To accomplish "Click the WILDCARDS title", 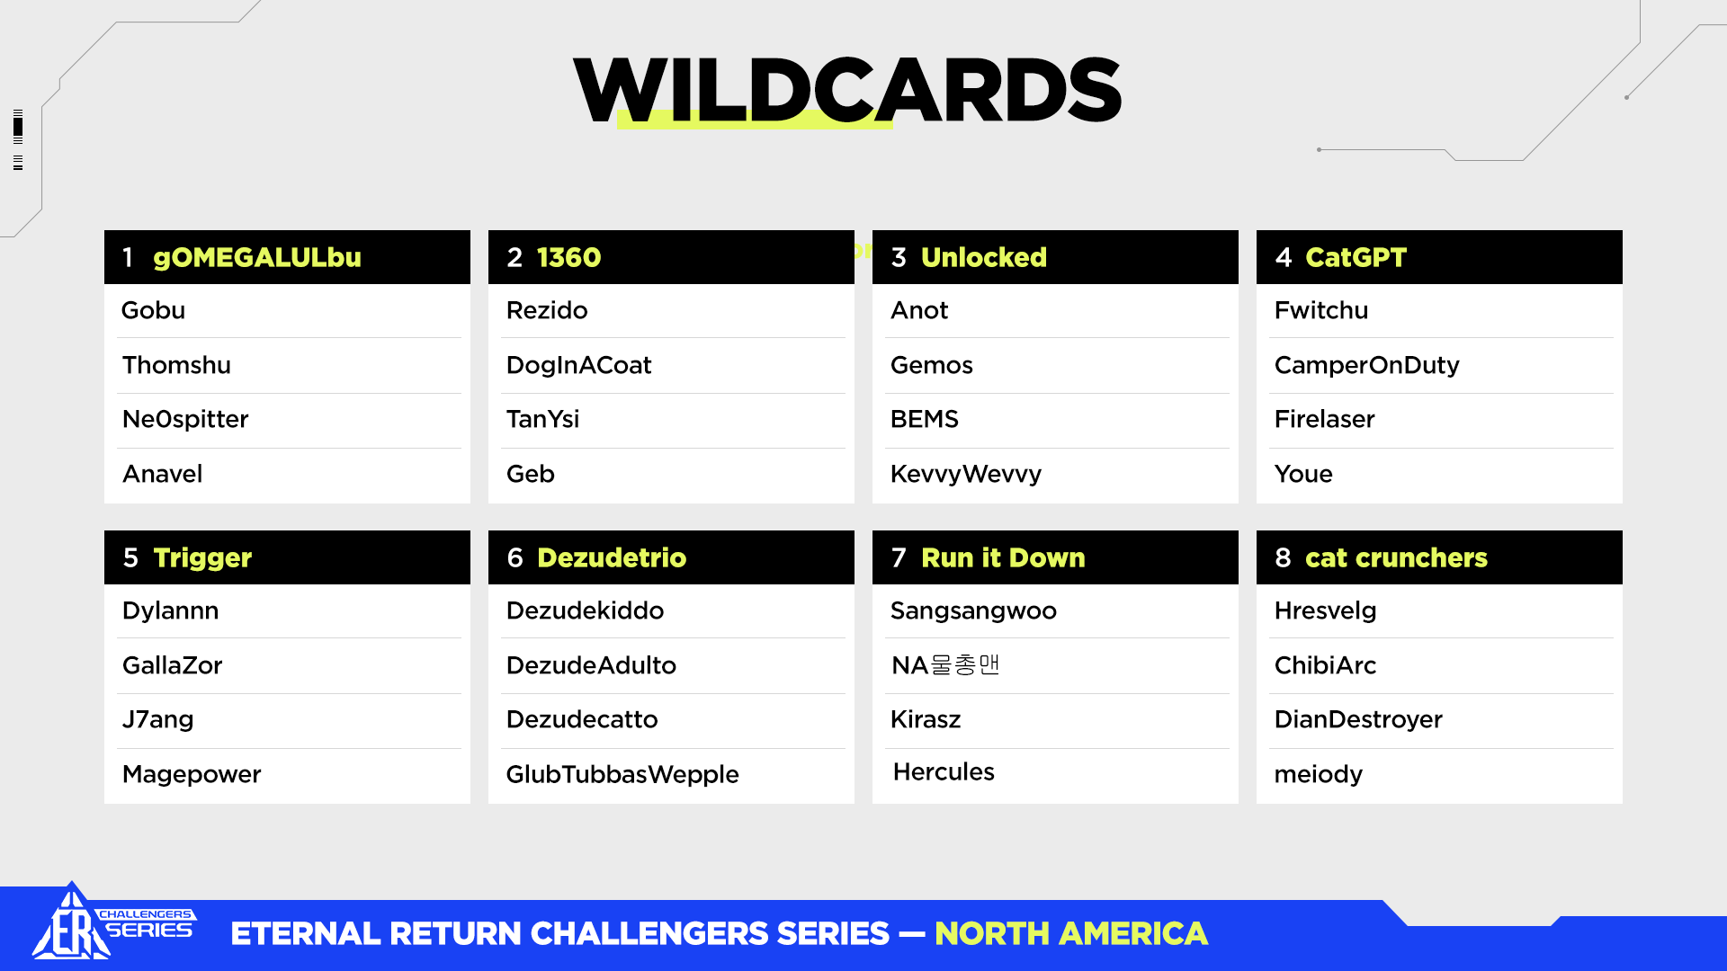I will pyautogui.click(x=846, y=90).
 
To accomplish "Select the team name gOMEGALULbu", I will pyautogui.click(x=257, y=258).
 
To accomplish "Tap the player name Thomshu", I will pyautogui.click(x=176, y=365).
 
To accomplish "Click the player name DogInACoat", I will pyautogui.click(x=578, y=365).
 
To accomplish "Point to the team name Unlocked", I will pyautogui.click(x=983, y=258).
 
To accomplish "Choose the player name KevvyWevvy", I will pyautogui.click(x=965, y=474).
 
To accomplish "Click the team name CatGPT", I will pyautogui.click(x=1355, y=258).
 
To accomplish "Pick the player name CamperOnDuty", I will pyautogui.click(x=1366, y=365).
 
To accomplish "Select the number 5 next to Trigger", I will pyautogui.click(x=130, y=558).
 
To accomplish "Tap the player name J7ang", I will pyautogui.click(x=157, y=719).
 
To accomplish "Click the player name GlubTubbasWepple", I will pyautogui.click(x=622, y=774).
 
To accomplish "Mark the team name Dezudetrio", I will pyautogui.click(x=611, y=558).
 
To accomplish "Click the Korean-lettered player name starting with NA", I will pyautogui.click(x=944, y=665).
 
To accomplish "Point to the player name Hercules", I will pyautogui.click(x=943, y=771).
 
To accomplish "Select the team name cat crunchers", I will pyautogui.click(x=1396, y=558).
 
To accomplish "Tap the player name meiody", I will pyautogui.click(x=1318, y=774).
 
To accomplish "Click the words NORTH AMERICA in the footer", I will pyautogui.click(x=1070, y=934).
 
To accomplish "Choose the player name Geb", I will pyautogui.click(x=530, y=474).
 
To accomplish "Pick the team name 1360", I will pyautogui.click(x=568, y=258).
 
